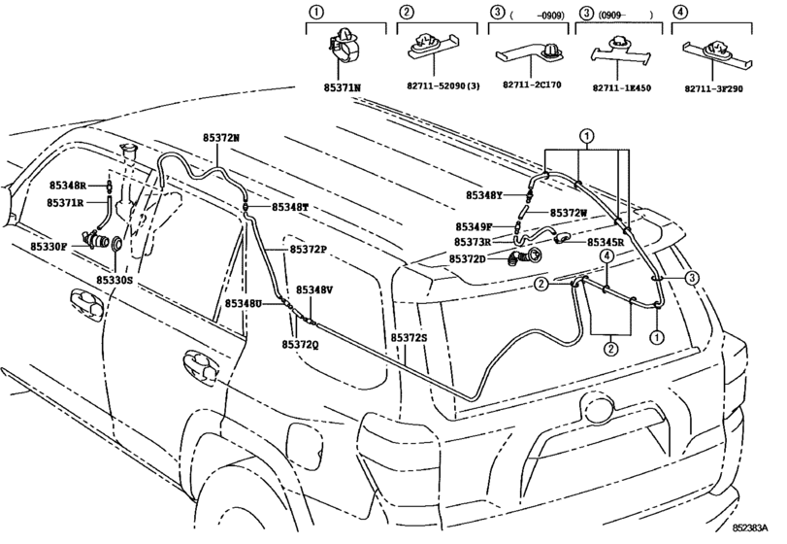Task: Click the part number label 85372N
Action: click(221, 138)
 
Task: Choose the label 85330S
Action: click(115, 280)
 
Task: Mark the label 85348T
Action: click(289, 207)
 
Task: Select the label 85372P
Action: click(307, 250)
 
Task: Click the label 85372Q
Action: click(301, 345)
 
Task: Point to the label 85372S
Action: click(409, 336)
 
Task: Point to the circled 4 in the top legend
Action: click(680, 12)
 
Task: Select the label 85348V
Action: click(314, 289)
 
